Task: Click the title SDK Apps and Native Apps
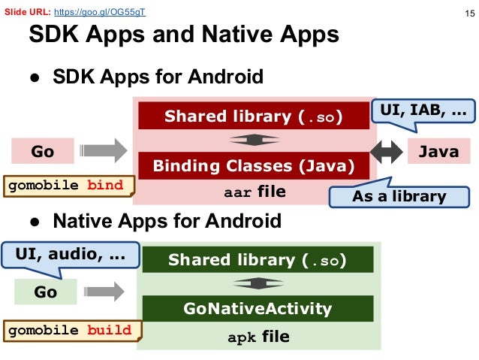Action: (183, 36)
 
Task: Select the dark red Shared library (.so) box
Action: (254, 116)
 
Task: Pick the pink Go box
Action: (42, 152)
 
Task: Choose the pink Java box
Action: (438, 152)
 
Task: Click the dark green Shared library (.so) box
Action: (258, 261)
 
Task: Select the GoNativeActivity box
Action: (258, 309)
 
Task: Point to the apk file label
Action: (258, 337)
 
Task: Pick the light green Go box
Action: (45, 292)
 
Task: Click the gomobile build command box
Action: (70, 330)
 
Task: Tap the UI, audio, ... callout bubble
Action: (71, 255)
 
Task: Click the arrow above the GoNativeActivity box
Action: (258, 284)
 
